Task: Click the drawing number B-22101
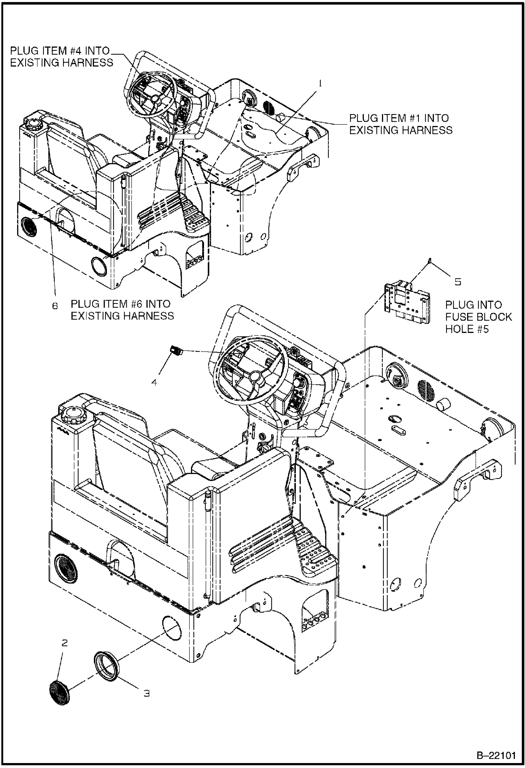point(496,755)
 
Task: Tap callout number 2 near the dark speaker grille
point(64,643)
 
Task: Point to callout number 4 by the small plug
point(154,382)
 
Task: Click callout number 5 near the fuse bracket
point(458,282)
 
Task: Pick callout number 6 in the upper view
point(55,306)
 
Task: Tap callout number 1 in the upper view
point(319,83)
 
